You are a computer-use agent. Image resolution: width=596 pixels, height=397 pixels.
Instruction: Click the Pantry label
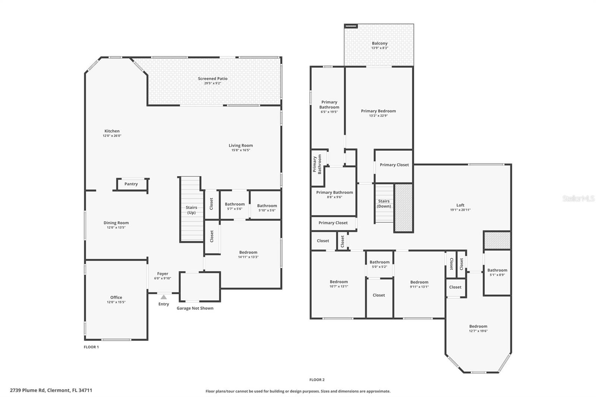click(x=131, y=184)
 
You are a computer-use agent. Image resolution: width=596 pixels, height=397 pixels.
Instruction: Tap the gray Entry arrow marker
click(x=164, y=297)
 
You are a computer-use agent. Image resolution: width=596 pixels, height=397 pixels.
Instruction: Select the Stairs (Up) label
click(x=191, y=210)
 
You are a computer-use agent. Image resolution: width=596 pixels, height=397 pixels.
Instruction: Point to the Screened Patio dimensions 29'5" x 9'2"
click(x=213, y=83)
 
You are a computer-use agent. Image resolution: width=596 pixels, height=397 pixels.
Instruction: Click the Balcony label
click(x=380, y=43)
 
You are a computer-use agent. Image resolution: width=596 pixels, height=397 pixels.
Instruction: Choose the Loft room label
click(x=460, y=205)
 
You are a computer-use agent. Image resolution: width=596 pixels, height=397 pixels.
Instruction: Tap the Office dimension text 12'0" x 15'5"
click(x=116, y=302)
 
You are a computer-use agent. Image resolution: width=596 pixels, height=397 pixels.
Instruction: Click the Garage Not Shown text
click(x=195, y=308)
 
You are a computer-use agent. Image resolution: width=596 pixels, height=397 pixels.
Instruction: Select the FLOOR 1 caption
click(x=91, y=347)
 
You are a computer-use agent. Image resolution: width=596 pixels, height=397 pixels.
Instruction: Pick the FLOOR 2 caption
click(x=317, y=380)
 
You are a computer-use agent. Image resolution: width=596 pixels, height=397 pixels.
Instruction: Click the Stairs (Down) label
click(x=384, y=204)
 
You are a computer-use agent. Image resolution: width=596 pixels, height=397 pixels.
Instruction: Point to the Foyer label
click(x=162, y=273)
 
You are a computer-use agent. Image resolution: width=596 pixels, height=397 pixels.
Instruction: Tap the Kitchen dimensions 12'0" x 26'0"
click(x=112, y=136)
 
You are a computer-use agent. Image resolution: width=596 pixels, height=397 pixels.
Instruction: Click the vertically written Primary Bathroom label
click(x=317, y=164)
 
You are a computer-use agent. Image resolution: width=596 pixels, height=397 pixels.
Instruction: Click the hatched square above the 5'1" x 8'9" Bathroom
click(x=497, y=240)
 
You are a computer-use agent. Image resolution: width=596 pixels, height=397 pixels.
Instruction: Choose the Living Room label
click(x=241, y=145)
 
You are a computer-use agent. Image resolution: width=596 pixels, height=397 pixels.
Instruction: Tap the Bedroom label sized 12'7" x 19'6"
click(x=478, y=326)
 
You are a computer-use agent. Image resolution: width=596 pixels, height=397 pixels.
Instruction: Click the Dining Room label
click(x=116, y=223)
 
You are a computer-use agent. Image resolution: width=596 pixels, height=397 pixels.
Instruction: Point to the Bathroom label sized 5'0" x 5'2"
click(x=380, y=262)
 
